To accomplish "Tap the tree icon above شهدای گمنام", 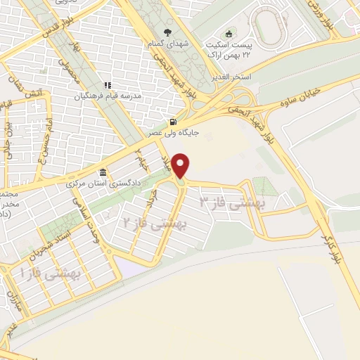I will [x=167, y=32].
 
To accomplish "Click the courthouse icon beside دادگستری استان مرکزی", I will [x=103, y=173].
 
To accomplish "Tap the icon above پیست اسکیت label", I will [x=227, y=34].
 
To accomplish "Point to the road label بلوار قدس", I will [x=27, y=28].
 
